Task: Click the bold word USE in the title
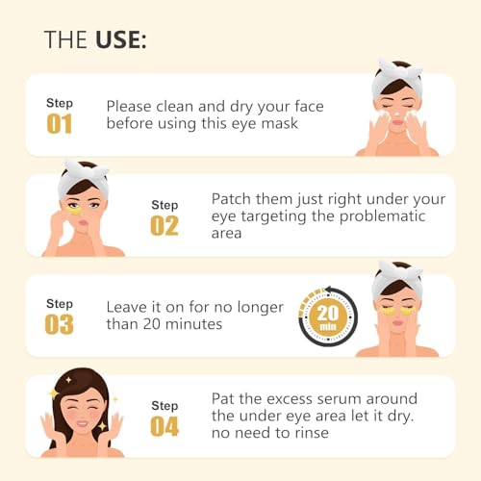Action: click(118, 39)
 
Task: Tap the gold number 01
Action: click(60, 124)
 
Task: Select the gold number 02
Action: click(165, 226)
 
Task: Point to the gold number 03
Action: click(60, 324)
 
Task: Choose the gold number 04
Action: click(165, 426)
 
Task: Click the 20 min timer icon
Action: click(328, 317)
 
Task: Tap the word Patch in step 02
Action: click(231, 199)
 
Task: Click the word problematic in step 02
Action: click(382, 216)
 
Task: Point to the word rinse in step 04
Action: click(312, 433)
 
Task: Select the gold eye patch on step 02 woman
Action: click(75, 211)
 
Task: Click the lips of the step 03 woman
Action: click(397, 322)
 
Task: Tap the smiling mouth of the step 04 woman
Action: click(82, 423)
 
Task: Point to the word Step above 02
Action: click(165, 205)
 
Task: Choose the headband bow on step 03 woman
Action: click(398, 270)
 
